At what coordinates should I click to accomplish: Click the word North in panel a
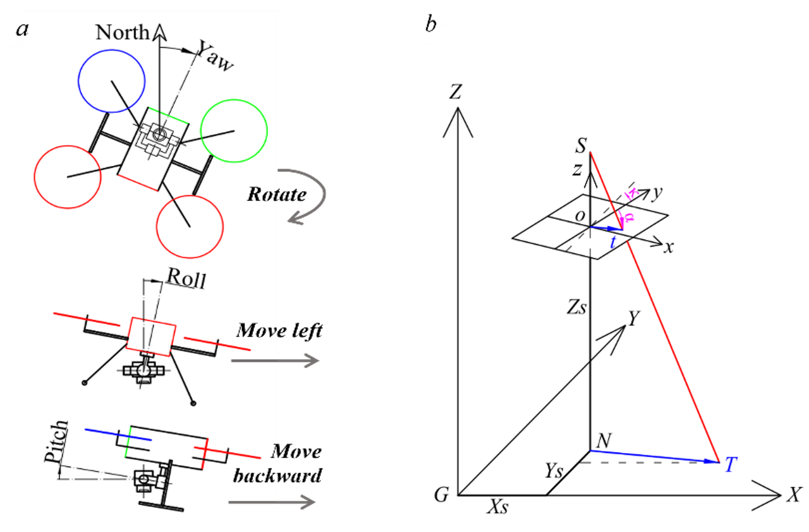pos(122,32)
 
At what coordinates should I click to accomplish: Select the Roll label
pos(186,279)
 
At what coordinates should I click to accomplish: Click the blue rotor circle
pos(112,81)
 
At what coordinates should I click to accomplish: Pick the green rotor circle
pos(234,131)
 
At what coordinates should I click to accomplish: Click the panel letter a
pos(22,29)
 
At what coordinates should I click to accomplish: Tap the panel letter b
pos(431,24)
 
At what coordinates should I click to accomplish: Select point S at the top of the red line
pos(581,146)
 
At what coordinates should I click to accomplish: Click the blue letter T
pos(730,465)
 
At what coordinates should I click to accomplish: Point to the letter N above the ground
pos(604,441)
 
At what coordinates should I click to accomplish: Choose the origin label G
pos(441,495)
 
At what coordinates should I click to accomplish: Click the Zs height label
pos(576,307)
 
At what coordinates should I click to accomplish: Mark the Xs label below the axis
pos(497,507)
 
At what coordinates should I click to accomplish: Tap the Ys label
pos(554,471)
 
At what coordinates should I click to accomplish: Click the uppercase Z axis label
pos(455,91)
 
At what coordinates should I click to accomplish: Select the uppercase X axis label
pos(794,495)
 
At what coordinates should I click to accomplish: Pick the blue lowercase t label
pos(613,242)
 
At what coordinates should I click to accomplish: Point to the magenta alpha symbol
pos(629,217)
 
